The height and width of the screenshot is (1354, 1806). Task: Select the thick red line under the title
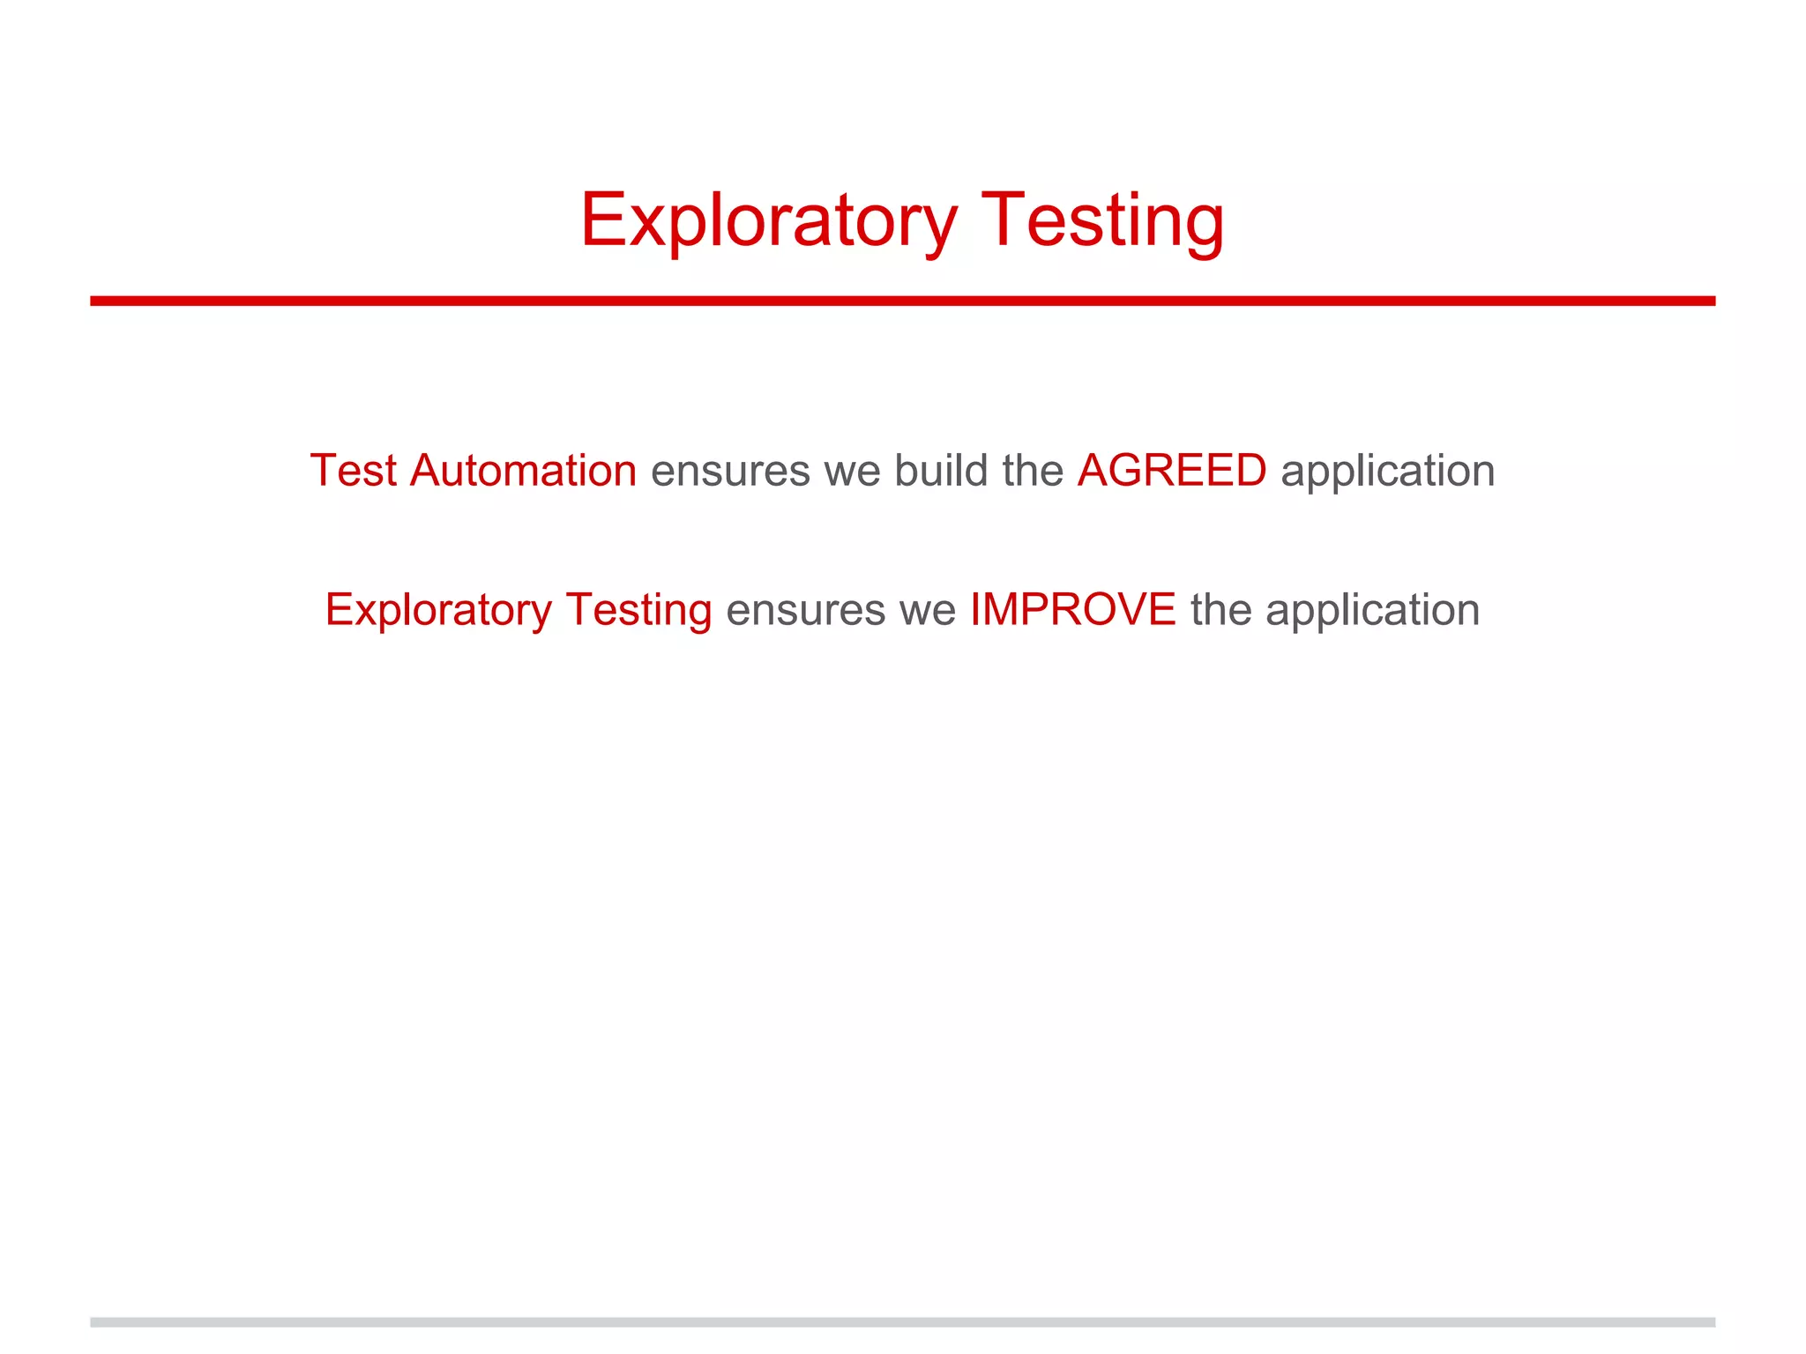(x=902, y=301)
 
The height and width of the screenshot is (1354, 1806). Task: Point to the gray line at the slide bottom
(x=902, y=1322)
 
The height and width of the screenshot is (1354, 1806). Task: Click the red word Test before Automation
(x=353, y=471)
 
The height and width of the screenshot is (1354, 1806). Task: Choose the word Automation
(x=523, y=471)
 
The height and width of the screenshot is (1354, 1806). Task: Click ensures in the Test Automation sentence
(x=730, y=471)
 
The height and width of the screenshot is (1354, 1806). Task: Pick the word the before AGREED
(x=1033, y=471)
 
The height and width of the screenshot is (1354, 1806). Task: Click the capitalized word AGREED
(x=1171, y=471)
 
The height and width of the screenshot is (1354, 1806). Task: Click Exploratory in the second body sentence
(x=438, y=610)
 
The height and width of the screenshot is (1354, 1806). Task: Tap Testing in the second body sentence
(x=638, y=610)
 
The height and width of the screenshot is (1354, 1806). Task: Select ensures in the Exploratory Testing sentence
(x=805, y=610)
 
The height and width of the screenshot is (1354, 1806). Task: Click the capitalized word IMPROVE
(x=1072, y=610)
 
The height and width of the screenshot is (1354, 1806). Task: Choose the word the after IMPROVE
(x=1220, y=610)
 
